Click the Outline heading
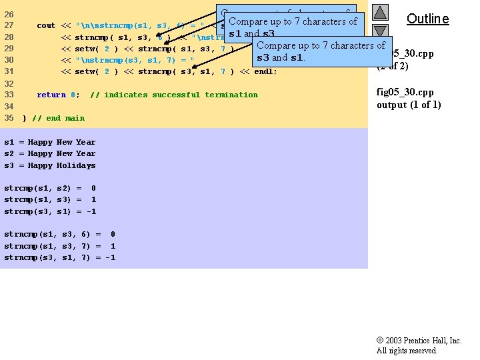coord(427,19)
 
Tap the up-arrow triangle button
coord(379,12)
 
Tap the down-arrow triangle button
coord(379,31)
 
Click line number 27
coord(9,25)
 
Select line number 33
coord(9,95)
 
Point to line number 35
coord(9,118)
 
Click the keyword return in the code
coord(51,95)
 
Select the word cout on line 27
coord(46,25)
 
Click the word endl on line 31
coord(265,71)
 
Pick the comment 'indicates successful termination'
coord(173,95)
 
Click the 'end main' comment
coord(58,118)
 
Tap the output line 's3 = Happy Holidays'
coord(50,165)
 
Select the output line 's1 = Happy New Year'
coord(50,142)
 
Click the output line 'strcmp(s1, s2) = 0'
coord(50,188)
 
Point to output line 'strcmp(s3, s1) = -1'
coord(50,211)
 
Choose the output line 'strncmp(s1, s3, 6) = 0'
coord(59,234)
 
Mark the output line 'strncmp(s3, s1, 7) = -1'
coord(59,257)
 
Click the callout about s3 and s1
coord(321,51)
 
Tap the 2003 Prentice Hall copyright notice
coord(419,345)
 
